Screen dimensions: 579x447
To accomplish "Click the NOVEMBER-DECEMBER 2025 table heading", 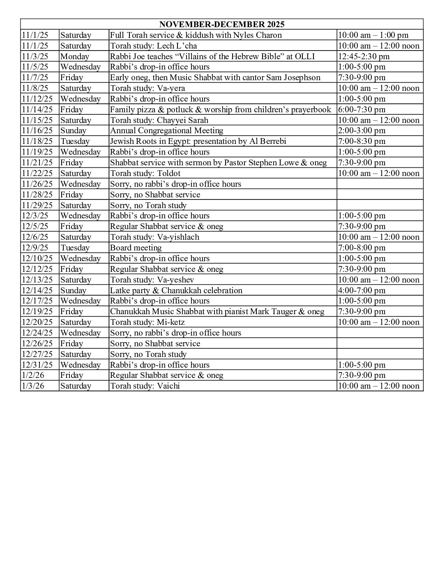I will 221,24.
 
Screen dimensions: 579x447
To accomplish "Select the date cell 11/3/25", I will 35,56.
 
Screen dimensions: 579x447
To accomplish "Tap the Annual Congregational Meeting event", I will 166,131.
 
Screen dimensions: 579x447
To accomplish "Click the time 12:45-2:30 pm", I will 364,56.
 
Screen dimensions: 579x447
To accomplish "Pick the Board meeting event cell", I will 136,248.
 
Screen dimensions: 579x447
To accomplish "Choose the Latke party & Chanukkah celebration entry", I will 176,290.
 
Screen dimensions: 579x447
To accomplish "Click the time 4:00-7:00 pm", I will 362,290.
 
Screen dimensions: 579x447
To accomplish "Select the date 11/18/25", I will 37,141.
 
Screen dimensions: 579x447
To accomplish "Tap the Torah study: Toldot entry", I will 145,173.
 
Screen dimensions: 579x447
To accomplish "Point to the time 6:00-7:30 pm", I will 362,109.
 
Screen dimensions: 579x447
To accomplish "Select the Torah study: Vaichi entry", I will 145,386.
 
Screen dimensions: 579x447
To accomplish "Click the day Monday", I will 74,56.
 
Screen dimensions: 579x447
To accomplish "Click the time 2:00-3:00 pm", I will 362,131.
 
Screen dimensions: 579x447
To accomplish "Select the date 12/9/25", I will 35,248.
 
